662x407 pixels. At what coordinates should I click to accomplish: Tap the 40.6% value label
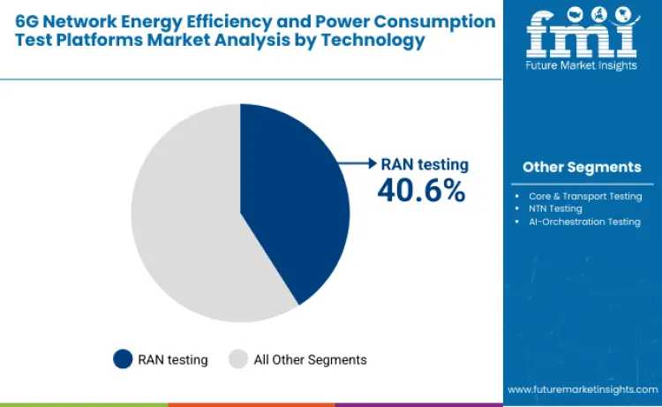coord(421,189)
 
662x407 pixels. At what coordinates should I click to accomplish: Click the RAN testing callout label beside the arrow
coord(425,164)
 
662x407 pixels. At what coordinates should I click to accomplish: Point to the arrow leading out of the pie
coord(358,163)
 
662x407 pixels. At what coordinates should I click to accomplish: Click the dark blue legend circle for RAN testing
coord(123,359)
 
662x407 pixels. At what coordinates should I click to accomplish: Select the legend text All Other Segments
coord(310,359)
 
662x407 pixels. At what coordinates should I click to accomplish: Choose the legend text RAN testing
coord(173,359)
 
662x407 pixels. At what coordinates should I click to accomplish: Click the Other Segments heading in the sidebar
coord(582,167)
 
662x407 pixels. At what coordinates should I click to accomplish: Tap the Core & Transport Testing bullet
coord(583,195)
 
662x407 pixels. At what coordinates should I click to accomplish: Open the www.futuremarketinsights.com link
coord(582,388)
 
